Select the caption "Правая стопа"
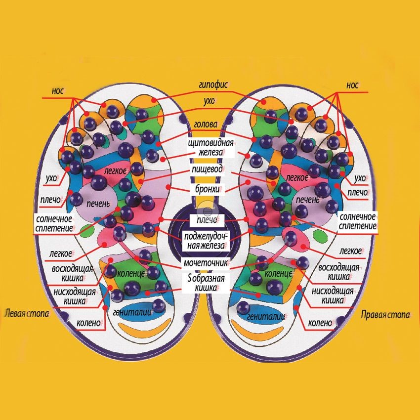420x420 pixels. coord(385,314)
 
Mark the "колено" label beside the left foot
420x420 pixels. coord(89,324)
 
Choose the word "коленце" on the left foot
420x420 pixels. coord(131,273)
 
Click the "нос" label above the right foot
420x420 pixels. coord(352,85)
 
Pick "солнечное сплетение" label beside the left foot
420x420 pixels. coord(54,223)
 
